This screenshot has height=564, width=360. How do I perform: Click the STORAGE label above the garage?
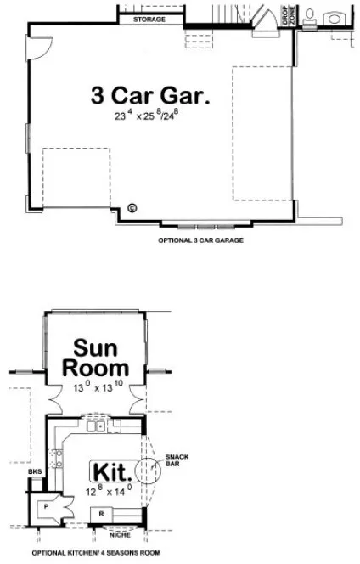[x=149, y=18]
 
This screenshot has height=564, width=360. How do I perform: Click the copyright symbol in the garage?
[x=132, y=207]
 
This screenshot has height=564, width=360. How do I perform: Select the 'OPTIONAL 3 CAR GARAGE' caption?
[x=200, y=240]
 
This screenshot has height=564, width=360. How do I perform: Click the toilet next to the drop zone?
[x=311, y=18]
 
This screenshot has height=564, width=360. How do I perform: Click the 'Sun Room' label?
[x=100, y=358]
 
